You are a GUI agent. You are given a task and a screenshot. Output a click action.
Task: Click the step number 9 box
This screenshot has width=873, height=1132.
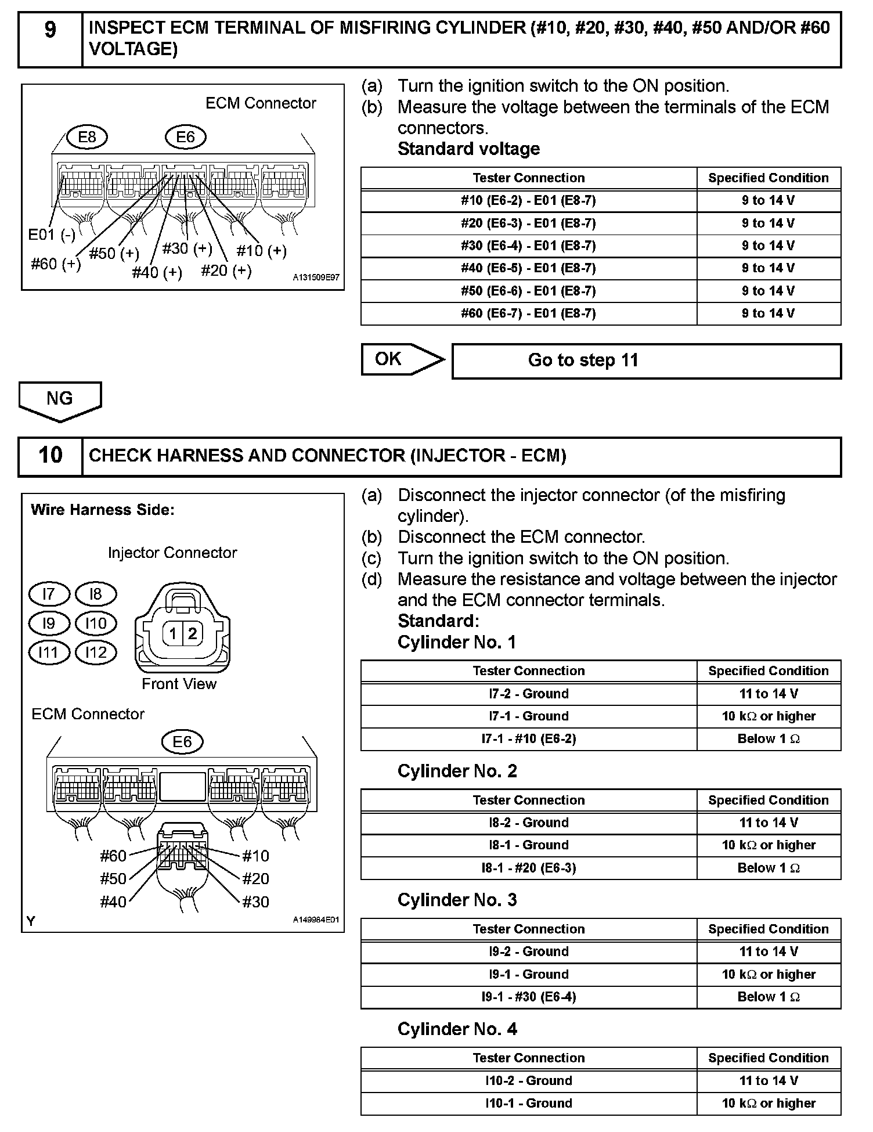click(x=50, y=38)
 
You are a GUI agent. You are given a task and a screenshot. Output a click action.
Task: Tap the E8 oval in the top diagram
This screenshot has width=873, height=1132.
click(x=86, y=137)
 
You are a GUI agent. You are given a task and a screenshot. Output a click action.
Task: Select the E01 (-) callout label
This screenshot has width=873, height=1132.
click(x=52, y=235)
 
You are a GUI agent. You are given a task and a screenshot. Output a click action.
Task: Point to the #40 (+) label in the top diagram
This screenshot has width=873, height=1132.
click(x=157, y=272)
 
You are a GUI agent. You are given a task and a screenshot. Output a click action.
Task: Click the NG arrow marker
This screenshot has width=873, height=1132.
click(x=60, y=400)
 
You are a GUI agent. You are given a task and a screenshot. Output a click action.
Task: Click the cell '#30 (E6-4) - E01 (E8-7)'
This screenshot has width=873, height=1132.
click(x=528, y=246)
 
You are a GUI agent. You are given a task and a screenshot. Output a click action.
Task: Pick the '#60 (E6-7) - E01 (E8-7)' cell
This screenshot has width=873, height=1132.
click(x=528, y=313)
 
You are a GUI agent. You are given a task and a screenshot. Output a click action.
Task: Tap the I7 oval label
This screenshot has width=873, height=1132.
click(x=49, y=594)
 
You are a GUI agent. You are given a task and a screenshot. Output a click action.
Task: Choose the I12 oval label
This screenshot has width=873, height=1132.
click(x=96, y=652)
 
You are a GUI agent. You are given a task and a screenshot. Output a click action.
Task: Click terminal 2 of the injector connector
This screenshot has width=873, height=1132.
click(x=193, y=633)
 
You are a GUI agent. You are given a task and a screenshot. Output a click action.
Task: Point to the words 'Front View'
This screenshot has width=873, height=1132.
click(x=179, y=684)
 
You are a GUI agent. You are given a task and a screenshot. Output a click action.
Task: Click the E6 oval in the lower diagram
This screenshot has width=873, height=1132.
click(x=182, y=741)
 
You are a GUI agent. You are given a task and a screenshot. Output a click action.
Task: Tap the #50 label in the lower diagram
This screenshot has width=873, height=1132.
click(x=113, y=878)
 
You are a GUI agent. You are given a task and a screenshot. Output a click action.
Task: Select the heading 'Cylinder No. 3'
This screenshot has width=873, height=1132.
click(x=457, y=900)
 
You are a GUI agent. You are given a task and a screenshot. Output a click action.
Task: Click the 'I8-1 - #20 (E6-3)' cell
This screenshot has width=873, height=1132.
click(x=528, y=868)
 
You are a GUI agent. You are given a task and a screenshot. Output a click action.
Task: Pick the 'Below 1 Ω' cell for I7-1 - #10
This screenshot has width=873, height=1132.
click(x=769, y=739)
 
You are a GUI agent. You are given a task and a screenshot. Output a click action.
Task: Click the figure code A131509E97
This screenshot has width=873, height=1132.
click(x=316, y=278)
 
